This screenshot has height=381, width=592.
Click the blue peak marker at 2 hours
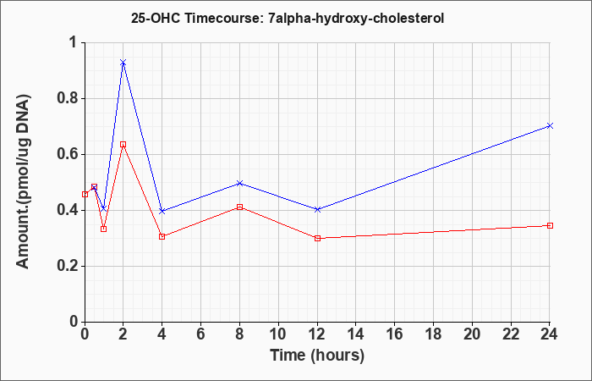coord(123,63)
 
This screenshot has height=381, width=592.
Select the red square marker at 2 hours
coord(123,145)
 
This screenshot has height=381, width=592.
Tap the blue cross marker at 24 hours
coord(550,125)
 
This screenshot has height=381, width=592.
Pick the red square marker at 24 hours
coord(550,226)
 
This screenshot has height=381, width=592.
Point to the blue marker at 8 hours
coord(239,184)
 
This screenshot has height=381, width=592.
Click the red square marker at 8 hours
coord(239,207)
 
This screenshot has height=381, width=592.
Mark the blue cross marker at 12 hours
coord(317,209)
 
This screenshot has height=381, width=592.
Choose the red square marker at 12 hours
coord(317,239)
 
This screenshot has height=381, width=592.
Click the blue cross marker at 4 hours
coord(162,211)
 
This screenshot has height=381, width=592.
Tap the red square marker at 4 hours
coord(162,236)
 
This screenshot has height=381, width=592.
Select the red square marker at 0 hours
coord(85,194)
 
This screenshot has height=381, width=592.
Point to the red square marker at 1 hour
coord(104,229)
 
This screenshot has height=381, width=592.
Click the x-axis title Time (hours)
coord(317,356)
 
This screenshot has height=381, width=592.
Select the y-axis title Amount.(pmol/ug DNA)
coord(24,181)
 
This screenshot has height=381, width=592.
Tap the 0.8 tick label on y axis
coord(68,99)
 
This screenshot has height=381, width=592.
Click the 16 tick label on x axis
coord(395,334)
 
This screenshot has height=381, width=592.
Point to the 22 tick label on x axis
coord(511,334)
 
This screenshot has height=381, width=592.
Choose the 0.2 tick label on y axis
coord(68,267)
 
